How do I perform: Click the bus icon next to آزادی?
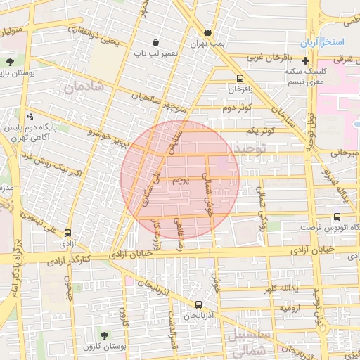(67, 233)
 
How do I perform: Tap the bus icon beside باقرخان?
(240, 79)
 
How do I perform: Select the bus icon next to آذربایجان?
(199, 305)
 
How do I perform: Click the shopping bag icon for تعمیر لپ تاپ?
(155, 42)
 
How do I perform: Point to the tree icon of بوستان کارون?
(105, 335)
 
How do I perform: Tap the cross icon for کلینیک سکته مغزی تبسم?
(305, 60)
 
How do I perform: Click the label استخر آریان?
(320, 44)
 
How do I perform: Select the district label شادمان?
(84, 88)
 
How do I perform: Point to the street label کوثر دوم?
(236, 108)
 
